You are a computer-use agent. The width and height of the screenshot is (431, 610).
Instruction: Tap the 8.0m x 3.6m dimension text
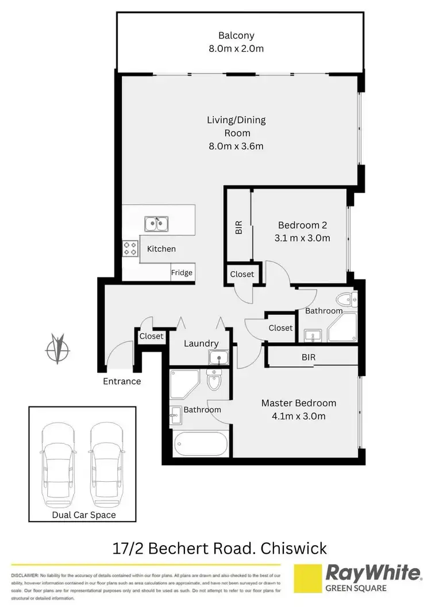click(x=236, y=146)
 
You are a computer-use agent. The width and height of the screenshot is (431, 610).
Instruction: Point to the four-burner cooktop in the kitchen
click(x=130, y=248)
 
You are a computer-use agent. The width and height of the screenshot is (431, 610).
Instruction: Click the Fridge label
click(x=182, y=273)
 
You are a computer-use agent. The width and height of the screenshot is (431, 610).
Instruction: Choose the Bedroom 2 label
click(x=303, y=224)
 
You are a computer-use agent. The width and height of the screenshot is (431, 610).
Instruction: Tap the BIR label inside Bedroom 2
click(x=238, y=228)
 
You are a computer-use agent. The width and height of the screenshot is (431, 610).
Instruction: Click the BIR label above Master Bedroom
click(x=308, y=357)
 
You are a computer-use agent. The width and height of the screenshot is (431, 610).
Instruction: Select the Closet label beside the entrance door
click(x=151, y=336)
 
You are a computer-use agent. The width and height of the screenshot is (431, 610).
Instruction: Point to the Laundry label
click(x=201, y=344)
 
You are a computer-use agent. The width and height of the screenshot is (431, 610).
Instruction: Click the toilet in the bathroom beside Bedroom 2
click(x=347, y=300)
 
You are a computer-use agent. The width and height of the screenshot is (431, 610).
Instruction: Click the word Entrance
click(x=122, y=381)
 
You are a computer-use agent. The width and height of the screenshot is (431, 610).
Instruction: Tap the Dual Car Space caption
click(x=84, y=515)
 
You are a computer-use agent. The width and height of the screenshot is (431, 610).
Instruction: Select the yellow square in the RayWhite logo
click(x=307, y=578)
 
